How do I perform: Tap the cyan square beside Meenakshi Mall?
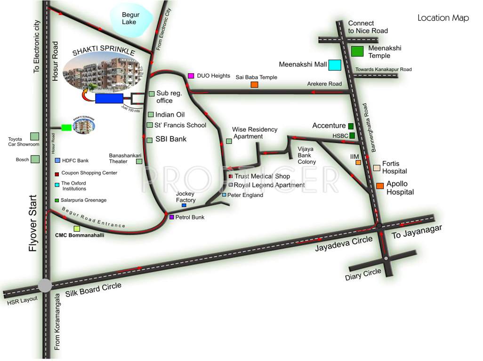(x=335, y=65)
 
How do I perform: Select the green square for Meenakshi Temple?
(x=358, y=51)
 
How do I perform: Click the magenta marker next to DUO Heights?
(x=191, y=76)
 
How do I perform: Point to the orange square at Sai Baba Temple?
(x=254, y=85)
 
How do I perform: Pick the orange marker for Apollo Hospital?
(x=380, y=186)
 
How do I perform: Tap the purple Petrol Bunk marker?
(x=171, y=217)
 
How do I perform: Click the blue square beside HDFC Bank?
(x=57, y=161)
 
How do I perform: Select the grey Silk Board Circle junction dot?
(x=45, y=285)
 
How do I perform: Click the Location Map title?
(x=443, y=18)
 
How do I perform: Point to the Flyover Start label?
(x=33, y=223)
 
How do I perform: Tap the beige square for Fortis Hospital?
(x=377, y=168)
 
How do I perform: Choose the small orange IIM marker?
(x=358, y=162)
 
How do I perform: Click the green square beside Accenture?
(x=351, y=126)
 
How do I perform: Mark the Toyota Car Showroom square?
(x=34, y=136)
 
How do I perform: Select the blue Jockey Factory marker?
(x=184, y=205)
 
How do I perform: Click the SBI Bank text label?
(x=171, y=139)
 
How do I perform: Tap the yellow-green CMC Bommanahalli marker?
(x=77, y=228)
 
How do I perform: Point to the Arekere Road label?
(x=324, y=84)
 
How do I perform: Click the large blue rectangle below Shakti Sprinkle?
(x=109, y=98)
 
